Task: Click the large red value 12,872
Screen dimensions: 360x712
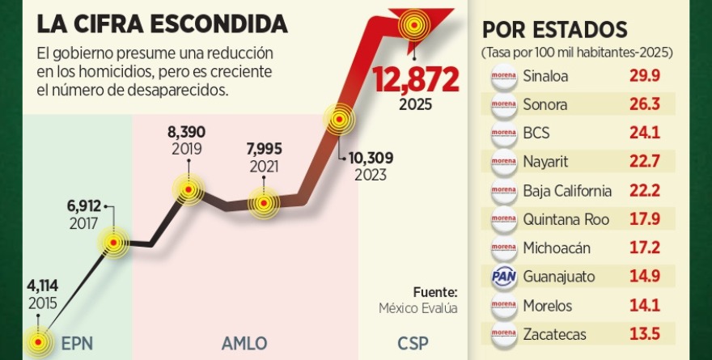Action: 415,78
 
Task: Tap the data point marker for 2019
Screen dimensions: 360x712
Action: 189,190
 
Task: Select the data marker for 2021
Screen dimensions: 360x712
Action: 263,203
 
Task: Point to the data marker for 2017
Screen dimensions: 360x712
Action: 113,241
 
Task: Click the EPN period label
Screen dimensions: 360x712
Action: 77,342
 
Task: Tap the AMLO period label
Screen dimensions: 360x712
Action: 244,342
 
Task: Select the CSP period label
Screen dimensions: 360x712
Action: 413,342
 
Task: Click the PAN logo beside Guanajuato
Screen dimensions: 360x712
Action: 503,277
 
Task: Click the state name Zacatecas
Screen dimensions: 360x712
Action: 554,334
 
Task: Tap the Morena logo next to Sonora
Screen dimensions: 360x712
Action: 503,104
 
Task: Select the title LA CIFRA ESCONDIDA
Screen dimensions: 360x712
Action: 162,23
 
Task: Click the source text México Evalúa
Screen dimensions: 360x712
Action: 418,308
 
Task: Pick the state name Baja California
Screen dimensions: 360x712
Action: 567,191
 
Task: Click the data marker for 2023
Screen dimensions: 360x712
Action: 338,121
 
